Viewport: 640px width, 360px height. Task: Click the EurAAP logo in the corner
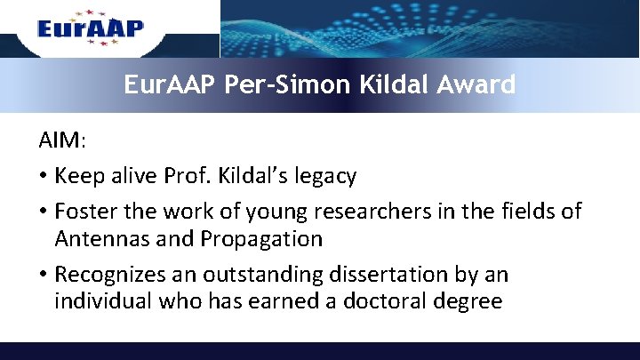point(90,28)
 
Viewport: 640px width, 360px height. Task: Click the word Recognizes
point(111,275)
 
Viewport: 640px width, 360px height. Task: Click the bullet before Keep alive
point(43,176)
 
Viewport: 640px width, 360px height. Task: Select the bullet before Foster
point(43,212)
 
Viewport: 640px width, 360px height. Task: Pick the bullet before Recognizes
point(43,275)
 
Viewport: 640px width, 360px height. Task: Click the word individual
point(103,301)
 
